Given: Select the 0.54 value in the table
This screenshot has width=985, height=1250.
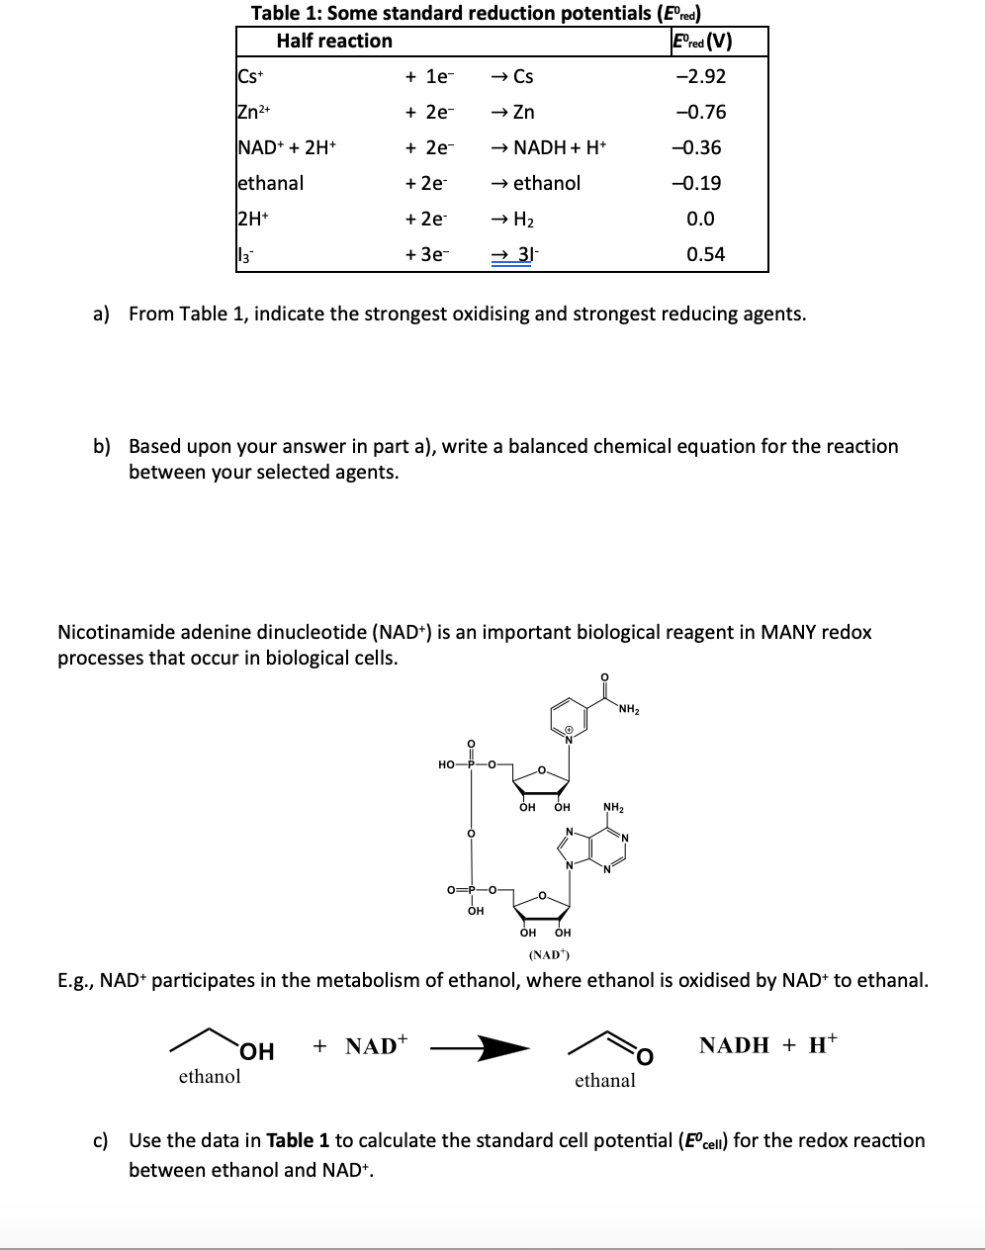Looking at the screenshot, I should pos(706,254).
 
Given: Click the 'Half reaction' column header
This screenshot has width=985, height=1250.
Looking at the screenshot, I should pos(333,41).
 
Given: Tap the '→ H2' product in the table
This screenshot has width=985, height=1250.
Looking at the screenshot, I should pos(518,219).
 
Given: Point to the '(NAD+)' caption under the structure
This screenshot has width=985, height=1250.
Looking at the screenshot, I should pos(547,955).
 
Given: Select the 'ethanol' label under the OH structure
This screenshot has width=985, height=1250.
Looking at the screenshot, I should pos(209,1076).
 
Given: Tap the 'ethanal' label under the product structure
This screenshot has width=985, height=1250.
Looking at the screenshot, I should pos(605,1080).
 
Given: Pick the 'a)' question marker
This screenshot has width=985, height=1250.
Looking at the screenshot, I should pos(101,314).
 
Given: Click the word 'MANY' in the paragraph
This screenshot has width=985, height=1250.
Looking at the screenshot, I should pos(787,632).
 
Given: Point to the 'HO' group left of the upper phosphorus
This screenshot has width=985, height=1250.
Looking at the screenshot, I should pos(447,763).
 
